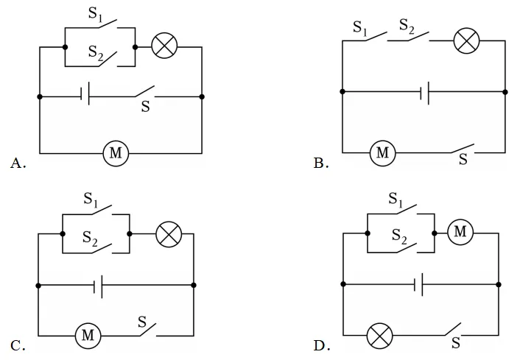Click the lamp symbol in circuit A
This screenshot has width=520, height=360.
(164, 46)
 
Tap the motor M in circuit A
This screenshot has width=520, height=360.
(116, 153)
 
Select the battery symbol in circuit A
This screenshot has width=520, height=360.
(85, 96)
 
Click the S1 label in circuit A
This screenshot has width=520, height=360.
(95, 13)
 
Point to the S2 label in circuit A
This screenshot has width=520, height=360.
(96, 53)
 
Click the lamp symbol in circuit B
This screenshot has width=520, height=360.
(466, 40)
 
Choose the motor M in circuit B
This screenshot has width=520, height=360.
(383, 153)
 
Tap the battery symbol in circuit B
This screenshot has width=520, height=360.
(424, 92)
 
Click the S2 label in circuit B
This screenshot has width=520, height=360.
(407, 26)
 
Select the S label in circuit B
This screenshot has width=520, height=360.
(463, 160)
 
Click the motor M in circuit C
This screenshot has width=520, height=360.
(88, 336)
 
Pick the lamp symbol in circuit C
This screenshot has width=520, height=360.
(169, 234)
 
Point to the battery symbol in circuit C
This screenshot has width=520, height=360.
(98, 286)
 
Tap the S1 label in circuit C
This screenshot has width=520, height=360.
(91, 200)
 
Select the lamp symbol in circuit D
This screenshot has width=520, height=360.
(380, 336)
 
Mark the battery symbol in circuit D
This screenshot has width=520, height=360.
(418, 284)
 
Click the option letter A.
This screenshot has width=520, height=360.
(18, 163)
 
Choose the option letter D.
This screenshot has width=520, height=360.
(322, 346)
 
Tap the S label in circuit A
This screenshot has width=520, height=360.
(145, 107)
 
